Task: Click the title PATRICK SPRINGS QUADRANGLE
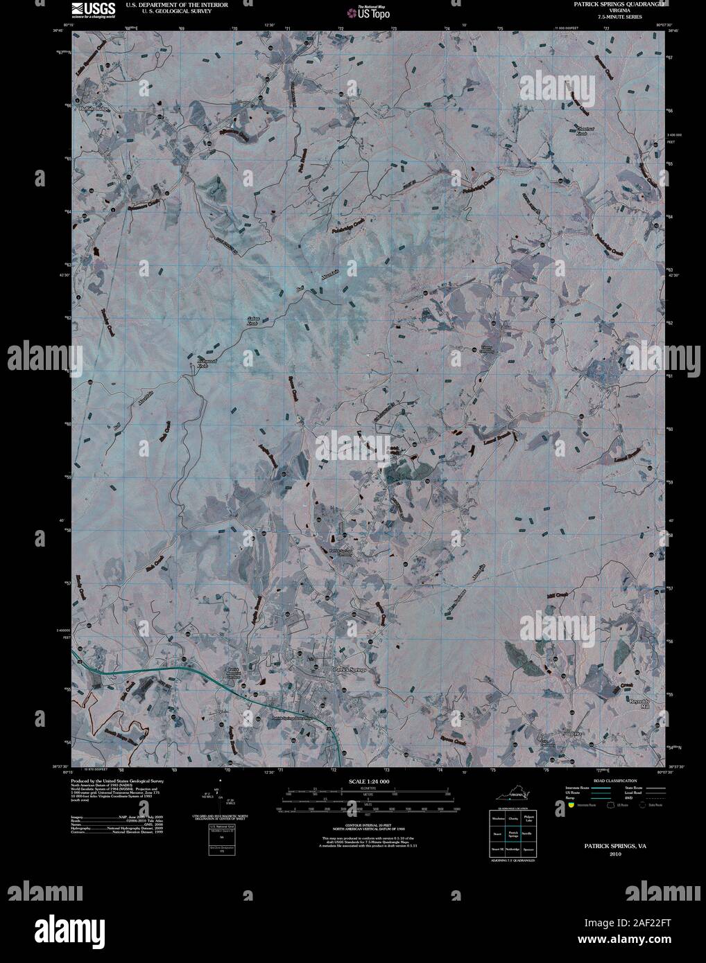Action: click(610, 3)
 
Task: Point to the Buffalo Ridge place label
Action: click(94, 109)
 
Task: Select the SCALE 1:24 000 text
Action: click(367, 781)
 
